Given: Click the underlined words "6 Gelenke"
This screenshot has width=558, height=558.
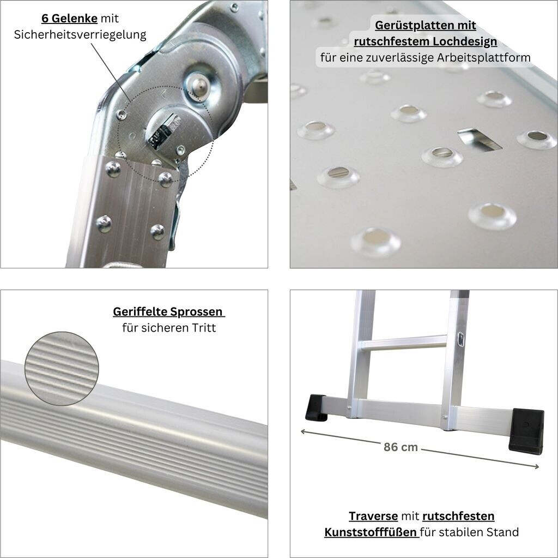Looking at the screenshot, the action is click(x=69, y=18).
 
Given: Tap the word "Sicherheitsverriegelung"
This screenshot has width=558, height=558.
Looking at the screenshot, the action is click(x=80, y=34).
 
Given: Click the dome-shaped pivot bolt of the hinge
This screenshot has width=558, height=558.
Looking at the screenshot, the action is click(x=198, y=85).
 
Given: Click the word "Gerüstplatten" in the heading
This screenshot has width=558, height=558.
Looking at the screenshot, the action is click(x=404, y=25).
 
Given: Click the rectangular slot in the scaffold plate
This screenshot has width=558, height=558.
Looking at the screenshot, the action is click(x=479, y=139).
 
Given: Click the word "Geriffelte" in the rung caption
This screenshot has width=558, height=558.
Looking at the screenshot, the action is click(x=140, y=312).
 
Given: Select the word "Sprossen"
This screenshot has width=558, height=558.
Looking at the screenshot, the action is click(x=196, y=312).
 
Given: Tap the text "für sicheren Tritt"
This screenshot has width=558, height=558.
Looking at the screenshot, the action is click(x=169, y=328).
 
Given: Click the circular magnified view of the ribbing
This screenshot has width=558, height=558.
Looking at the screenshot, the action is click(x=62, y=369).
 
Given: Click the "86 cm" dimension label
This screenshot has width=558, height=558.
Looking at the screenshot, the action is click(x=401, y=447).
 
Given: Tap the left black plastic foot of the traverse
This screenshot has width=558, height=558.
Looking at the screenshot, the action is click(x=317, y=407).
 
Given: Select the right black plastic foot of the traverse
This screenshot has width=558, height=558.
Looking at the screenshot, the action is click(x=526, y=431).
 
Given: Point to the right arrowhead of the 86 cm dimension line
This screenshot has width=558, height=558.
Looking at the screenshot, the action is click(x=536, y=466).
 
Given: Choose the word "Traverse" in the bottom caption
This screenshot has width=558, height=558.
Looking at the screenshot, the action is click(x=373, y=517).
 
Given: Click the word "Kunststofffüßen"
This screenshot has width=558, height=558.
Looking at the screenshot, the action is click(x=371, y=532).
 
